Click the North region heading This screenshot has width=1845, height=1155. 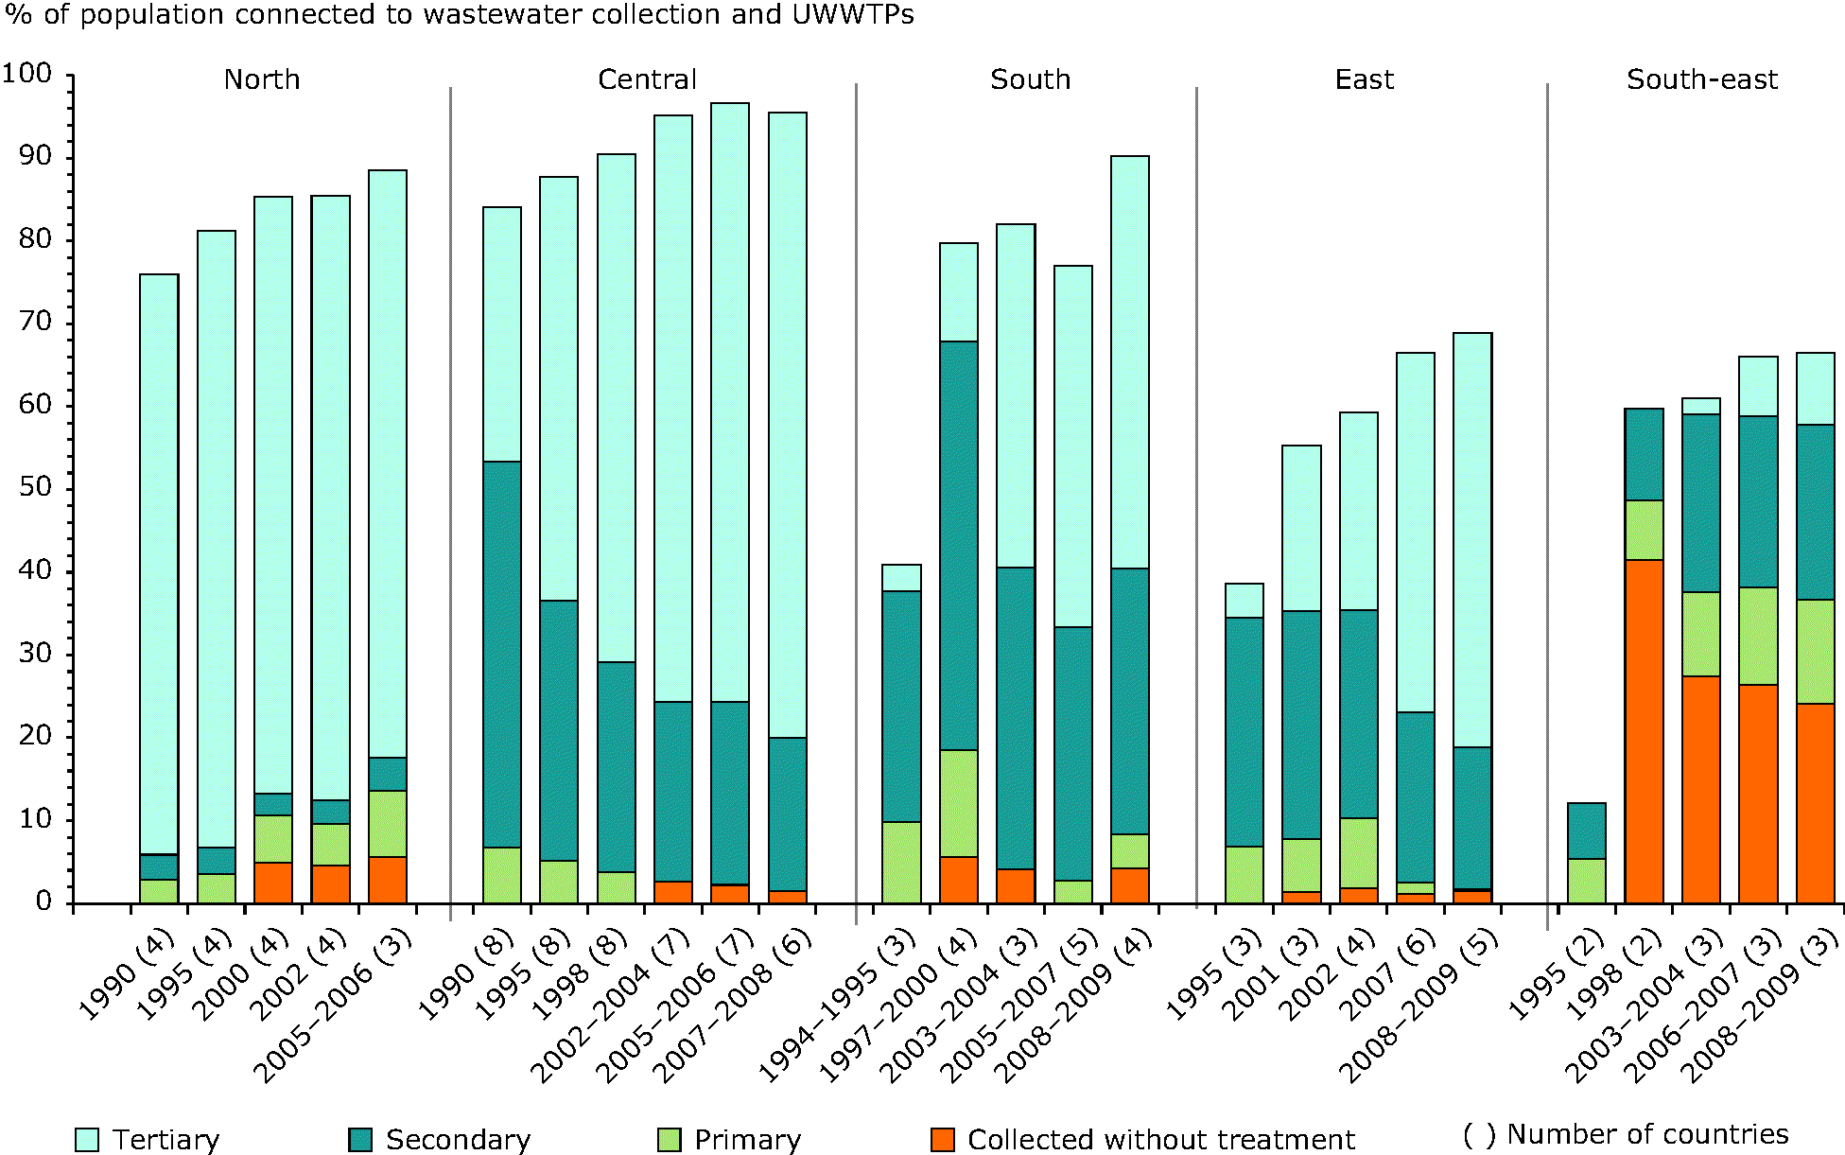pyautogui.click(x=262, y=80)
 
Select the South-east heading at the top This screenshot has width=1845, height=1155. pyautogui.click(x=1701, y=80)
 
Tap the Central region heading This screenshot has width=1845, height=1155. pyautogui.click(x=647, y=80)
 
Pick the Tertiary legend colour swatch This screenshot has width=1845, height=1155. pyautogui.click(x=87, y=1140)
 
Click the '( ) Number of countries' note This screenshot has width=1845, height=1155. pyautogui.click(x=1625, y=1134)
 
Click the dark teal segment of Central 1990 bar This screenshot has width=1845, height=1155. pyautogui.click(x=501, y=654)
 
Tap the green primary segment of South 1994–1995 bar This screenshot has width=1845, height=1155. pyautogui.click(x=901, y=862)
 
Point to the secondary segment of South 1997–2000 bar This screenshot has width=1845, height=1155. pyautogui.click(x=958, y=545)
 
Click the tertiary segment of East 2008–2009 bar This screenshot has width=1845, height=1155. pyautogui.click(x=1472, y=539)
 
